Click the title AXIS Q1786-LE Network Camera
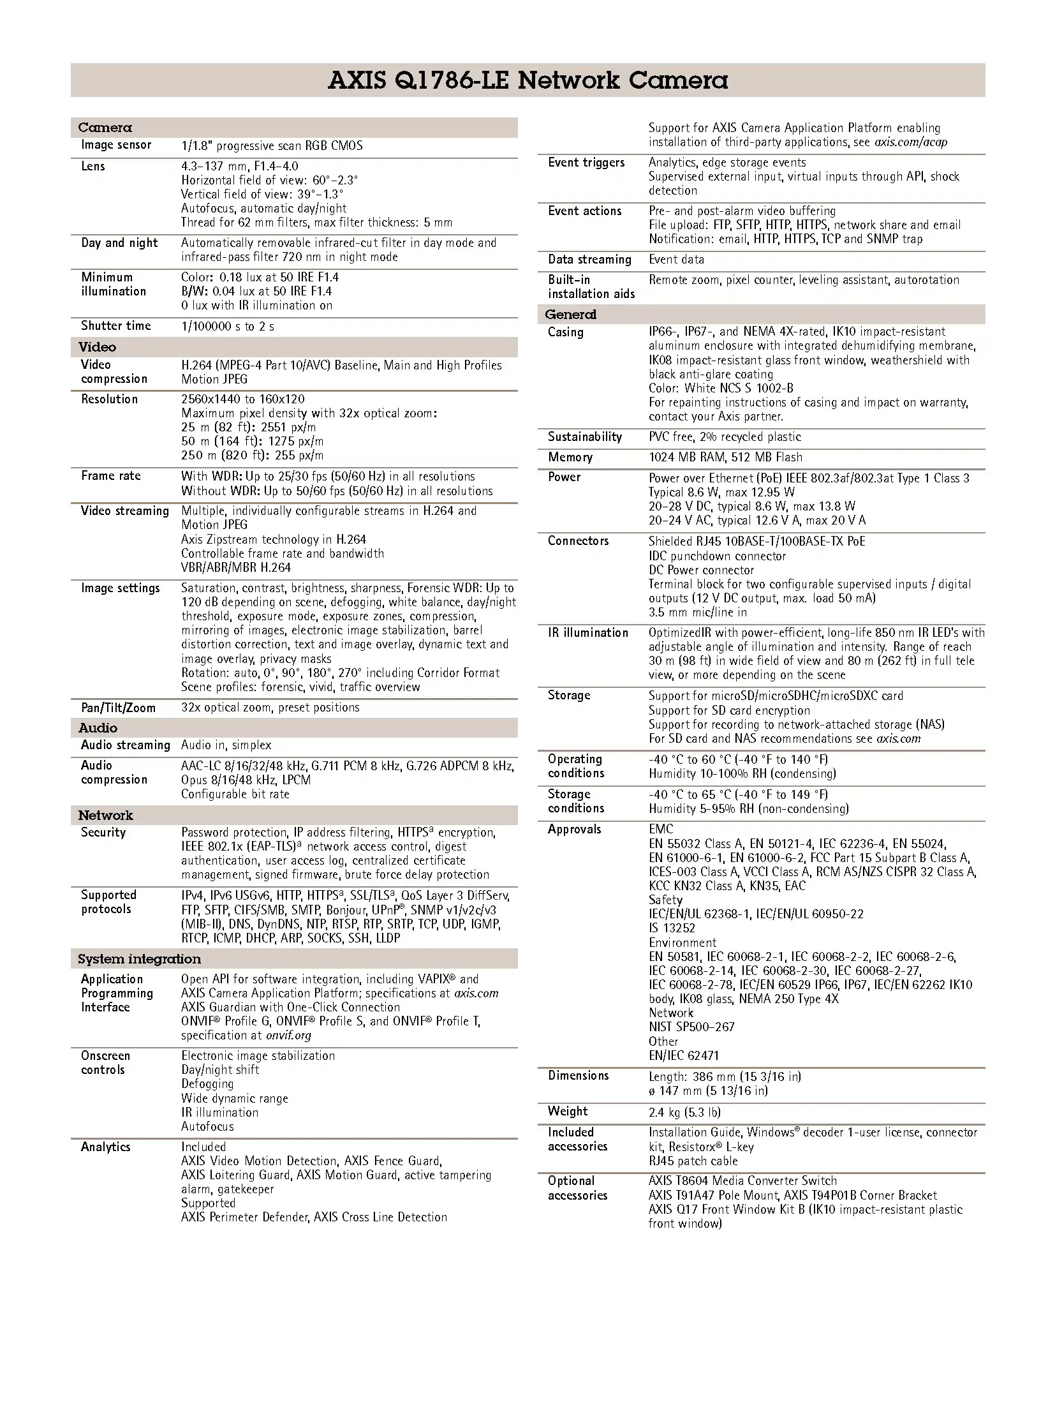(527, 80)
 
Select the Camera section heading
(105, 128)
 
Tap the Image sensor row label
(116, 145)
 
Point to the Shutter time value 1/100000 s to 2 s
(228, 326)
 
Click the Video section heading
(97, 347)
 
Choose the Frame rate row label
(110, 475)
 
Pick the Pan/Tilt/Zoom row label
(118, 707)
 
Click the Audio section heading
(98, 727)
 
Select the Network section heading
(105, 815)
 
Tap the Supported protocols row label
(108, 902)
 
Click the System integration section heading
(139, 958)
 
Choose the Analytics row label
(105, 1147)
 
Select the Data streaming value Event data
(676, 259)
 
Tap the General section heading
(570, 314)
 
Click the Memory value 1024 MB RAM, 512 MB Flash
(725, 457)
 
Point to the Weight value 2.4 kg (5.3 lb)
(684, 1112)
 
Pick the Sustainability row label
(584, 436)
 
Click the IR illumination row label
(587, 632)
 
